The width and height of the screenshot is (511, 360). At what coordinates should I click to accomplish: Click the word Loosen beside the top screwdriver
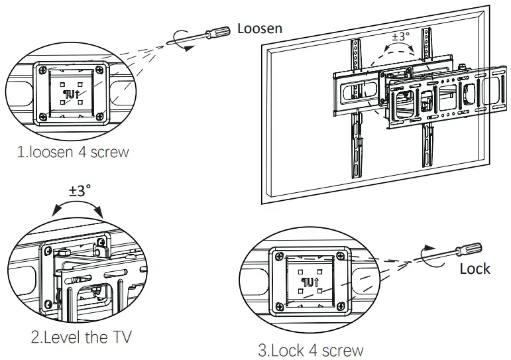pos(260,28)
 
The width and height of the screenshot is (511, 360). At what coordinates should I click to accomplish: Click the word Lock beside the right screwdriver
pos(475,269)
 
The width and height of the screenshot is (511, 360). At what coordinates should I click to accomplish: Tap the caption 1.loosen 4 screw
pos(73,152)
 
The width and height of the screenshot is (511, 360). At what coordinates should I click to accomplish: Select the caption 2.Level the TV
pos(81,337)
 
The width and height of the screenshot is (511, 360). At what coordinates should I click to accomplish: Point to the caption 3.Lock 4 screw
pos(311,349)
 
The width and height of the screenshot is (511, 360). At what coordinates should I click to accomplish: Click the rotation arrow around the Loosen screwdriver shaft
pos(180,38)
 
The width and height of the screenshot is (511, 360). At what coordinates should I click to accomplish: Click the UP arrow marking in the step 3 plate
pos(310,280)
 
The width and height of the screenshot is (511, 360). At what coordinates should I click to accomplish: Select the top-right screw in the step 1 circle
pos(100,69)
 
